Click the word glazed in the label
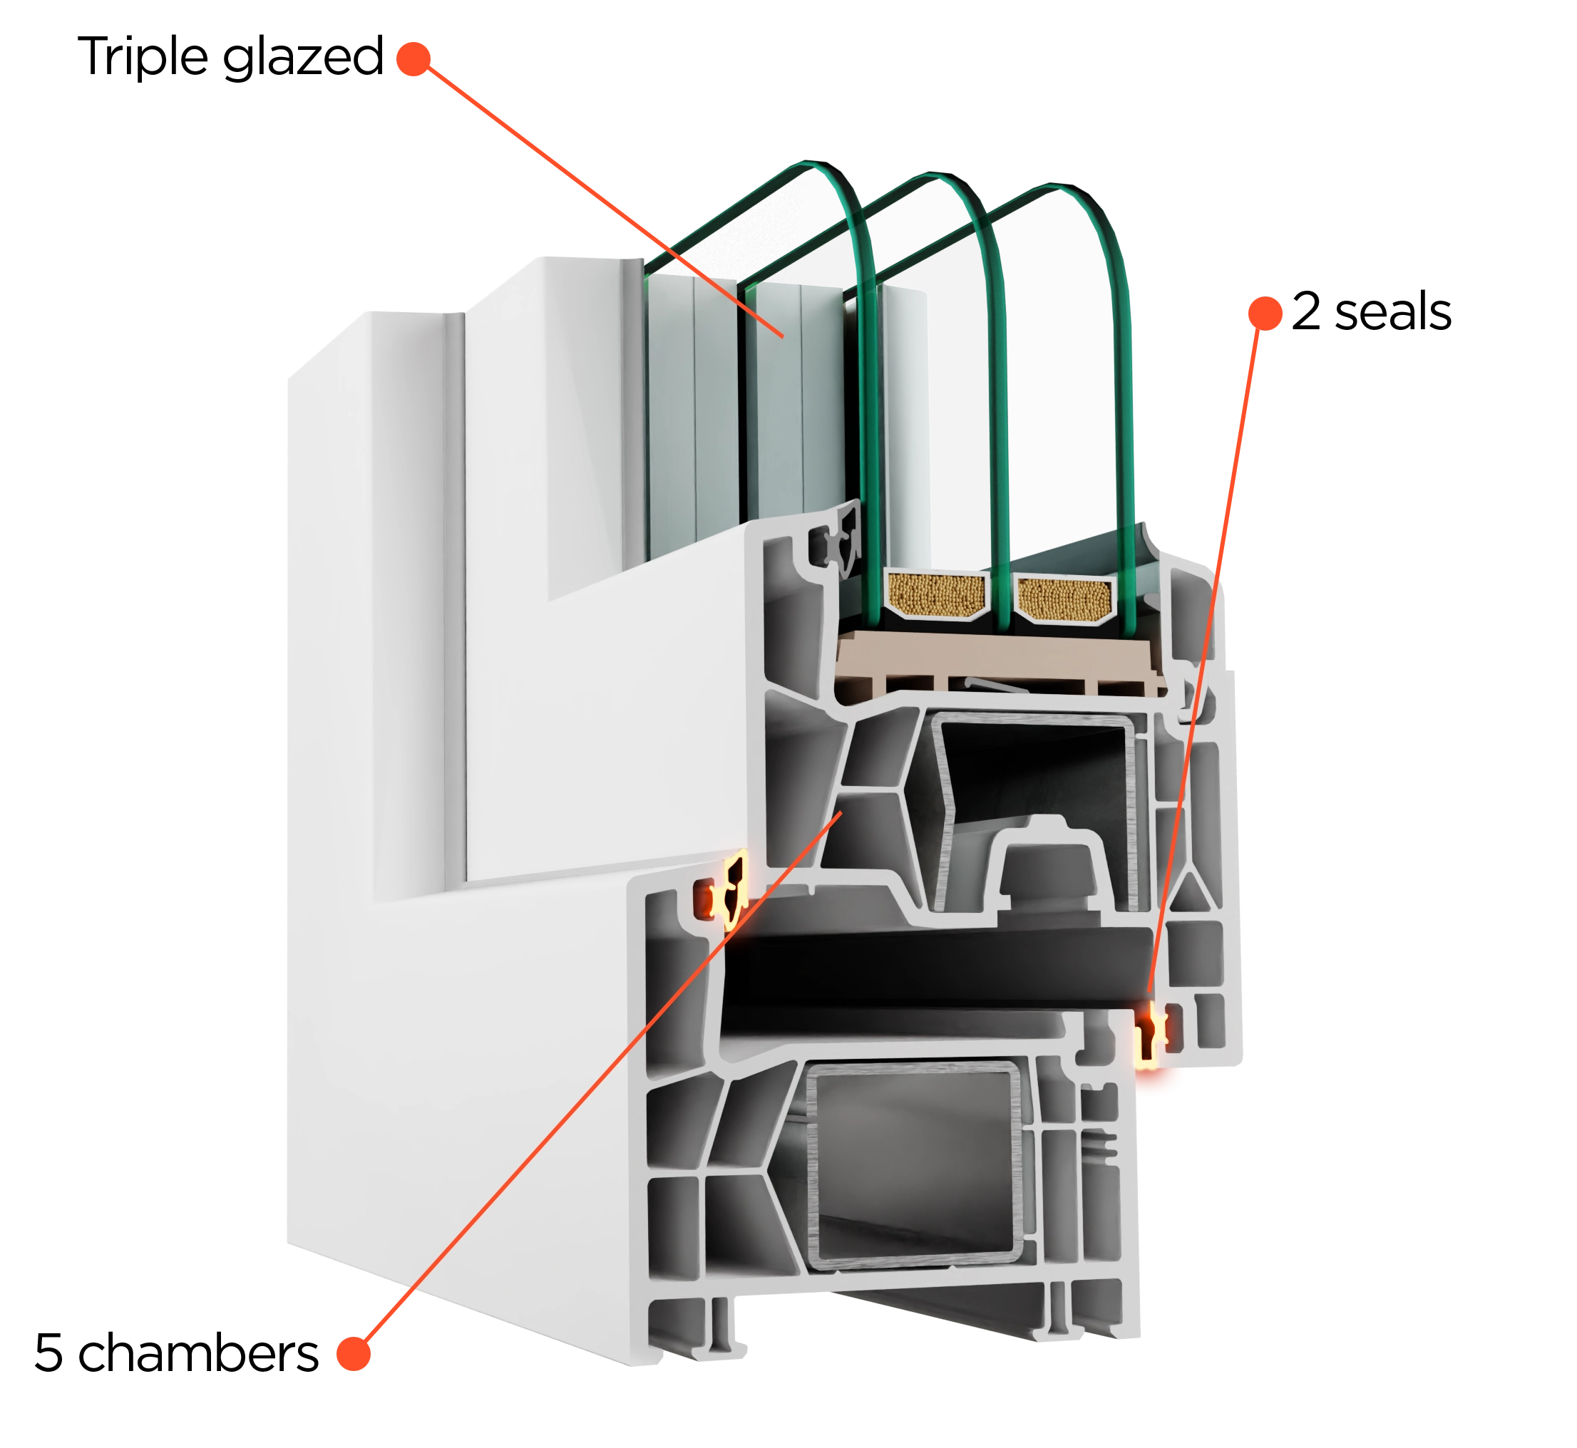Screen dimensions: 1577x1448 [x=303, y=58]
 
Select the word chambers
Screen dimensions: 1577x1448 [x=199, y=1353]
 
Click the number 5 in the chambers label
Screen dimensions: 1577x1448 [x=48, y=1353]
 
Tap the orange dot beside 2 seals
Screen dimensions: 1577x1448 [x=1265, y=314]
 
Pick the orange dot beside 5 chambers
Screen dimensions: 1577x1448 [x=354, y=1354]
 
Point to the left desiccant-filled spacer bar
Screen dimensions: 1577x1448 [x=936, y=594]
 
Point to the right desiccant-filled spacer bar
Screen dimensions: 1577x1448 [x=1064, y=599]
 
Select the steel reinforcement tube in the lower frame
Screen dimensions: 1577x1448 [x=914, y=1165]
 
